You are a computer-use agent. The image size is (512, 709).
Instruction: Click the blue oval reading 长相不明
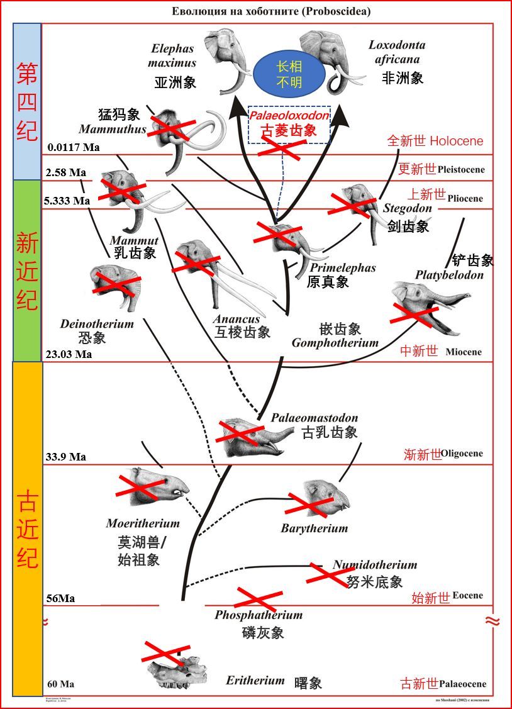tap(289, 75)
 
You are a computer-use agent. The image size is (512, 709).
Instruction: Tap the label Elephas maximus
tap(172, 55)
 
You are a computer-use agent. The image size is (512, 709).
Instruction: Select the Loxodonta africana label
tap(397, 52)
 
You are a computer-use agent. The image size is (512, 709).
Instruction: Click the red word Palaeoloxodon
tap(289, 116)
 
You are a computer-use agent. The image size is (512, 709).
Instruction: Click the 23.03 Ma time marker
tap(70, 354)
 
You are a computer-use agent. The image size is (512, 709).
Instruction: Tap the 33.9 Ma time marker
tap(65, 457)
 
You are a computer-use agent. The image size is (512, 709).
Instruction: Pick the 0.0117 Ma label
tap(74, 148)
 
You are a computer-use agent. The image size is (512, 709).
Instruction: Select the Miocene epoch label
tap(464, 352)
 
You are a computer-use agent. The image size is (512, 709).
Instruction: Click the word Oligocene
tap(462, 454)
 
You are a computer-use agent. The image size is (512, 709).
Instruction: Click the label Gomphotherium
tap(335, 343)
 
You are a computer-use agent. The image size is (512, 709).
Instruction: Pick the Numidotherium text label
tap(375, 565)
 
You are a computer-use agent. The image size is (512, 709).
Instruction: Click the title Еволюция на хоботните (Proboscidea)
tap(272, 11)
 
